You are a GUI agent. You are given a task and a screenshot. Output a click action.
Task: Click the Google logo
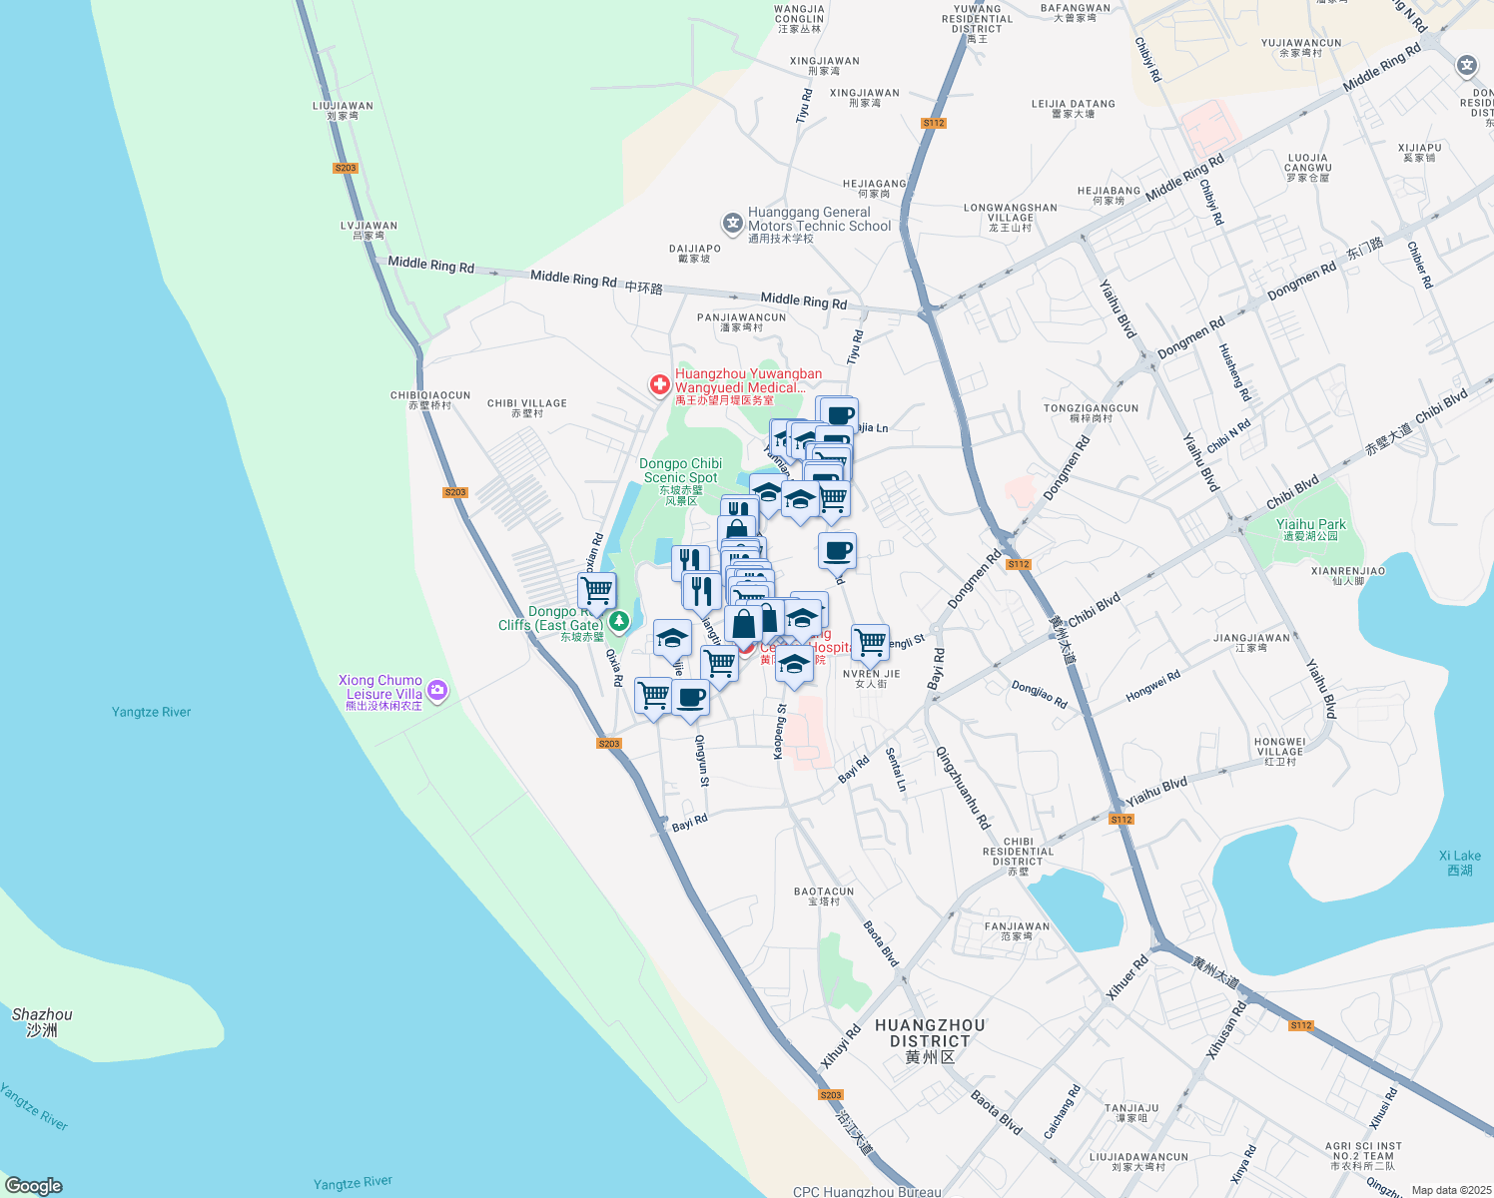(x=34, y=1185)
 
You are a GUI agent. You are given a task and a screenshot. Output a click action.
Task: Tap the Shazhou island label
(x=42, y=1021)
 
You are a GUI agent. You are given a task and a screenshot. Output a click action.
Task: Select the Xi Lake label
(x=1459, y=863)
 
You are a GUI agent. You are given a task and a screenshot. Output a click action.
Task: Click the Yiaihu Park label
(x=1310, y=529)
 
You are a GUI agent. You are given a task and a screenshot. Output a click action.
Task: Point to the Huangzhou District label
(x=930, y=1040)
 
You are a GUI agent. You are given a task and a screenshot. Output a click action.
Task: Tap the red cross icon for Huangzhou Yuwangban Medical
(x=659, y=384)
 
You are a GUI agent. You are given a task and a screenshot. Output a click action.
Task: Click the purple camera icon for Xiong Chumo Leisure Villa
(x=436, y=689)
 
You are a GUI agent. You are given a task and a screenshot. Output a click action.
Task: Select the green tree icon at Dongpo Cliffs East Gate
(x=619, y=622)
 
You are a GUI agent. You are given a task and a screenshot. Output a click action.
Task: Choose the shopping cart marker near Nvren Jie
(x=870, y=642)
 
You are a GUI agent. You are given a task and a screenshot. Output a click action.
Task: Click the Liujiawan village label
(x=343, y=110)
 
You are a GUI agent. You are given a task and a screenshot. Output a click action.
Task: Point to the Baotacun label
(x=824, y=896)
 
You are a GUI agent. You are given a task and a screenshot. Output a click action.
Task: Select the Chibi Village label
(x=527, y=407)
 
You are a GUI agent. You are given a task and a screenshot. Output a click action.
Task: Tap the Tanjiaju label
(x=1131, y=1112)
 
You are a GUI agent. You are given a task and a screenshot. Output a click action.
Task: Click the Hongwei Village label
(x=1279, y=751)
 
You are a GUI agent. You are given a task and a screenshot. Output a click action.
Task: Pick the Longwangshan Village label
(x=1011, y=217)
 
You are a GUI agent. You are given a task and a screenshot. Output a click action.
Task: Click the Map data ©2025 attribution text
(x=1450, y=1189)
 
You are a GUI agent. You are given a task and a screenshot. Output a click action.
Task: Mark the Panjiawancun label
(x=741, y=321)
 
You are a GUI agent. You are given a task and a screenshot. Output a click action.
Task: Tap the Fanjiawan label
(x=1017, y=930)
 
